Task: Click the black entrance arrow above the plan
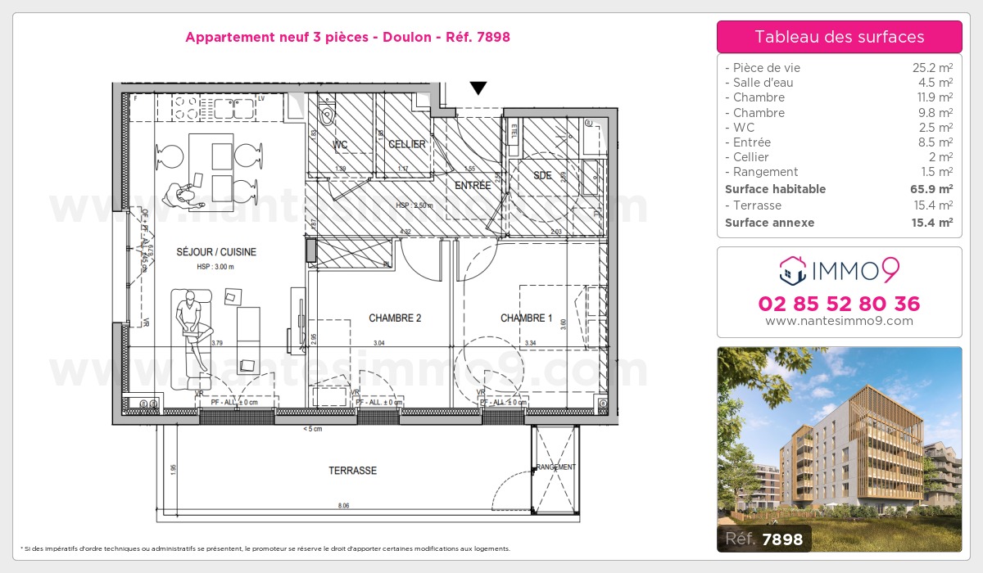coord(478,88)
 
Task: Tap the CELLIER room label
coord(407,145)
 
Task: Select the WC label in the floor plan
coord(340,145)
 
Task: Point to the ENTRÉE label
coord(473,186)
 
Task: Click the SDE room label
coord(542,176)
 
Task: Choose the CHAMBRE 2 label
coord(395,318)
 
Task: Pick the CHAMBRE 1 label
coord(527,318)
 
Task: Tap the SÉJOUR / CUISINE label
coord(216,252)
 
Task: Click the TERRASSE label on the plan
coord(352,471)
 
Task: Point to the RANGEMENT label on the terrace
coord(556,467)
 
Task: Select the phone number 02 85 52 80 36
coord(839,305)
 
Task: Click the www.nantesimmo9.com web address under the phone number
coord(839,321)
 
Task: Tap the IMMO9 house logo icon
coord(791,267)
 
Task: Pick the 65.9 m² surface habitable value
coord(932,189)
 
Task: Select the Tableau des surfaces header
coord(839,37)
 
